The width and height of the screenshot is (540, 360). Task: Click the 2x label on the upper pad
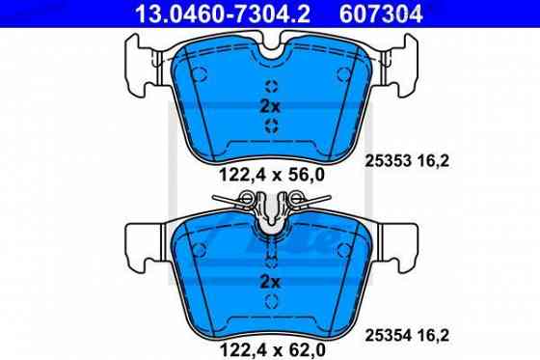click(x=270, y=105)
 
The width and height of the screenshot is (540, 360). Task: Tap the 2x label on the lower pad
click(x=270, y=282)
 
